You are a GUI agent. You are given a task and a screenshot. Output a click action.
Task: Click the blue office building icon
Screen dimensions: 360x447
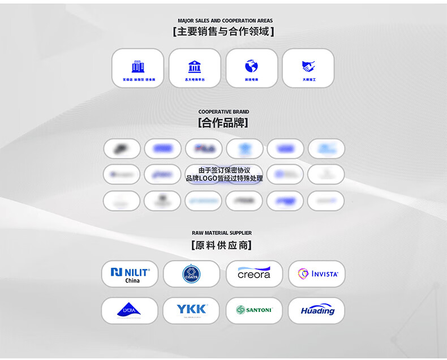[137, 66]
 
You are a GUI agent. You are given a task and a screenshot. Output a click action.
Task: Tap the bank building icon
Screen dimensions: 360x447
[195, 66]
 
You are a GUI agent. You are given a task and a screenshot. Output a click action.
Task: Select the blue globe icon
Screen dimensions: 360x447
[251, 66]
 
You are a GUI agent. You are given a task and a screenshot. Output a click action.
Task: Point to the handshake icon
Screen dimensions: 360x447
[308, 66]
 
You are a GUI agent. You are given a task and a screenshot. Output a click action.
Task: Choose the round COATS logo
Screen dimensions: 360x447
[191, 275]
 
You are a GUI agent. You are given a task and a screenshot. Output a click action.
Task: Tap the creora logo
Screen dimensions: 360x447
[254, 273]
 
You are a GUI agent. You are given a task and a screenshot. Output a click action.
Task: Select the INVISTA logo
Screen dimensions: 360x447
[317, 274]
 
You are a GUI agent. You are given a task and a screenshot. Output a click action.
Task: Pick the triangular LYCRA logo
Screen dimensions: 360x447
[129, 310]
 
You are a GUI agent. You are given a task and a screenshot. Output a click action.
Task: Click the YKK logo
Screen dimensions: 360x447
[191, 309]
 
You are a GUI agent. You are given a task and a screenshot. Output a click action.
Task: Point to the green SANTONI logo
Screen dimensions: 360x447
[254, 310]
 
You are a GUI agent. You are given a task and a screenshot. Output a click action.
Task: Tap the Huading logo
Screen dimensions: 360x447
[317, 310]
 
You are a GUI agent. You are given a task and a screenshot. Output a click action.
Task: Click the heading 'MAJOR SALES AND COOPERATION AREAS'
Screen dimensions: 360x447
[225, 21]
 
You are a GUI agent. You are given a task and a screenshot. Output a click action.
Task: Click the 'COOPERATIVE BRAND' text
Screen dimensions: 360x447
[223, 112]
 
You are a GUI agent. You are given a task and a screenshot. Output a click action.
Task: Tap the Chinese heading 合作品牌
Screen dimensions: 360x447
[223, 123]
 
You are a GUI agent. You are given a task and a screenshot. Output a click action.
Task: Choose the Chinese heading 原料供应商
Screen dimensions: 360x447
[222, 246]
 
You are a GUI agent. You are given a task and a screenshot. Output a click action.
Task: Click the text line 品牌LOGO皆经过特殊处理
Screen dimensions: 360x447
[224, 179]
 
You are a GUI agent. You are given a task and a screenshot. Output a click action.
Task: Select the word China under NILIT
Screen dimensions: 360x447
[132, 281]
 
